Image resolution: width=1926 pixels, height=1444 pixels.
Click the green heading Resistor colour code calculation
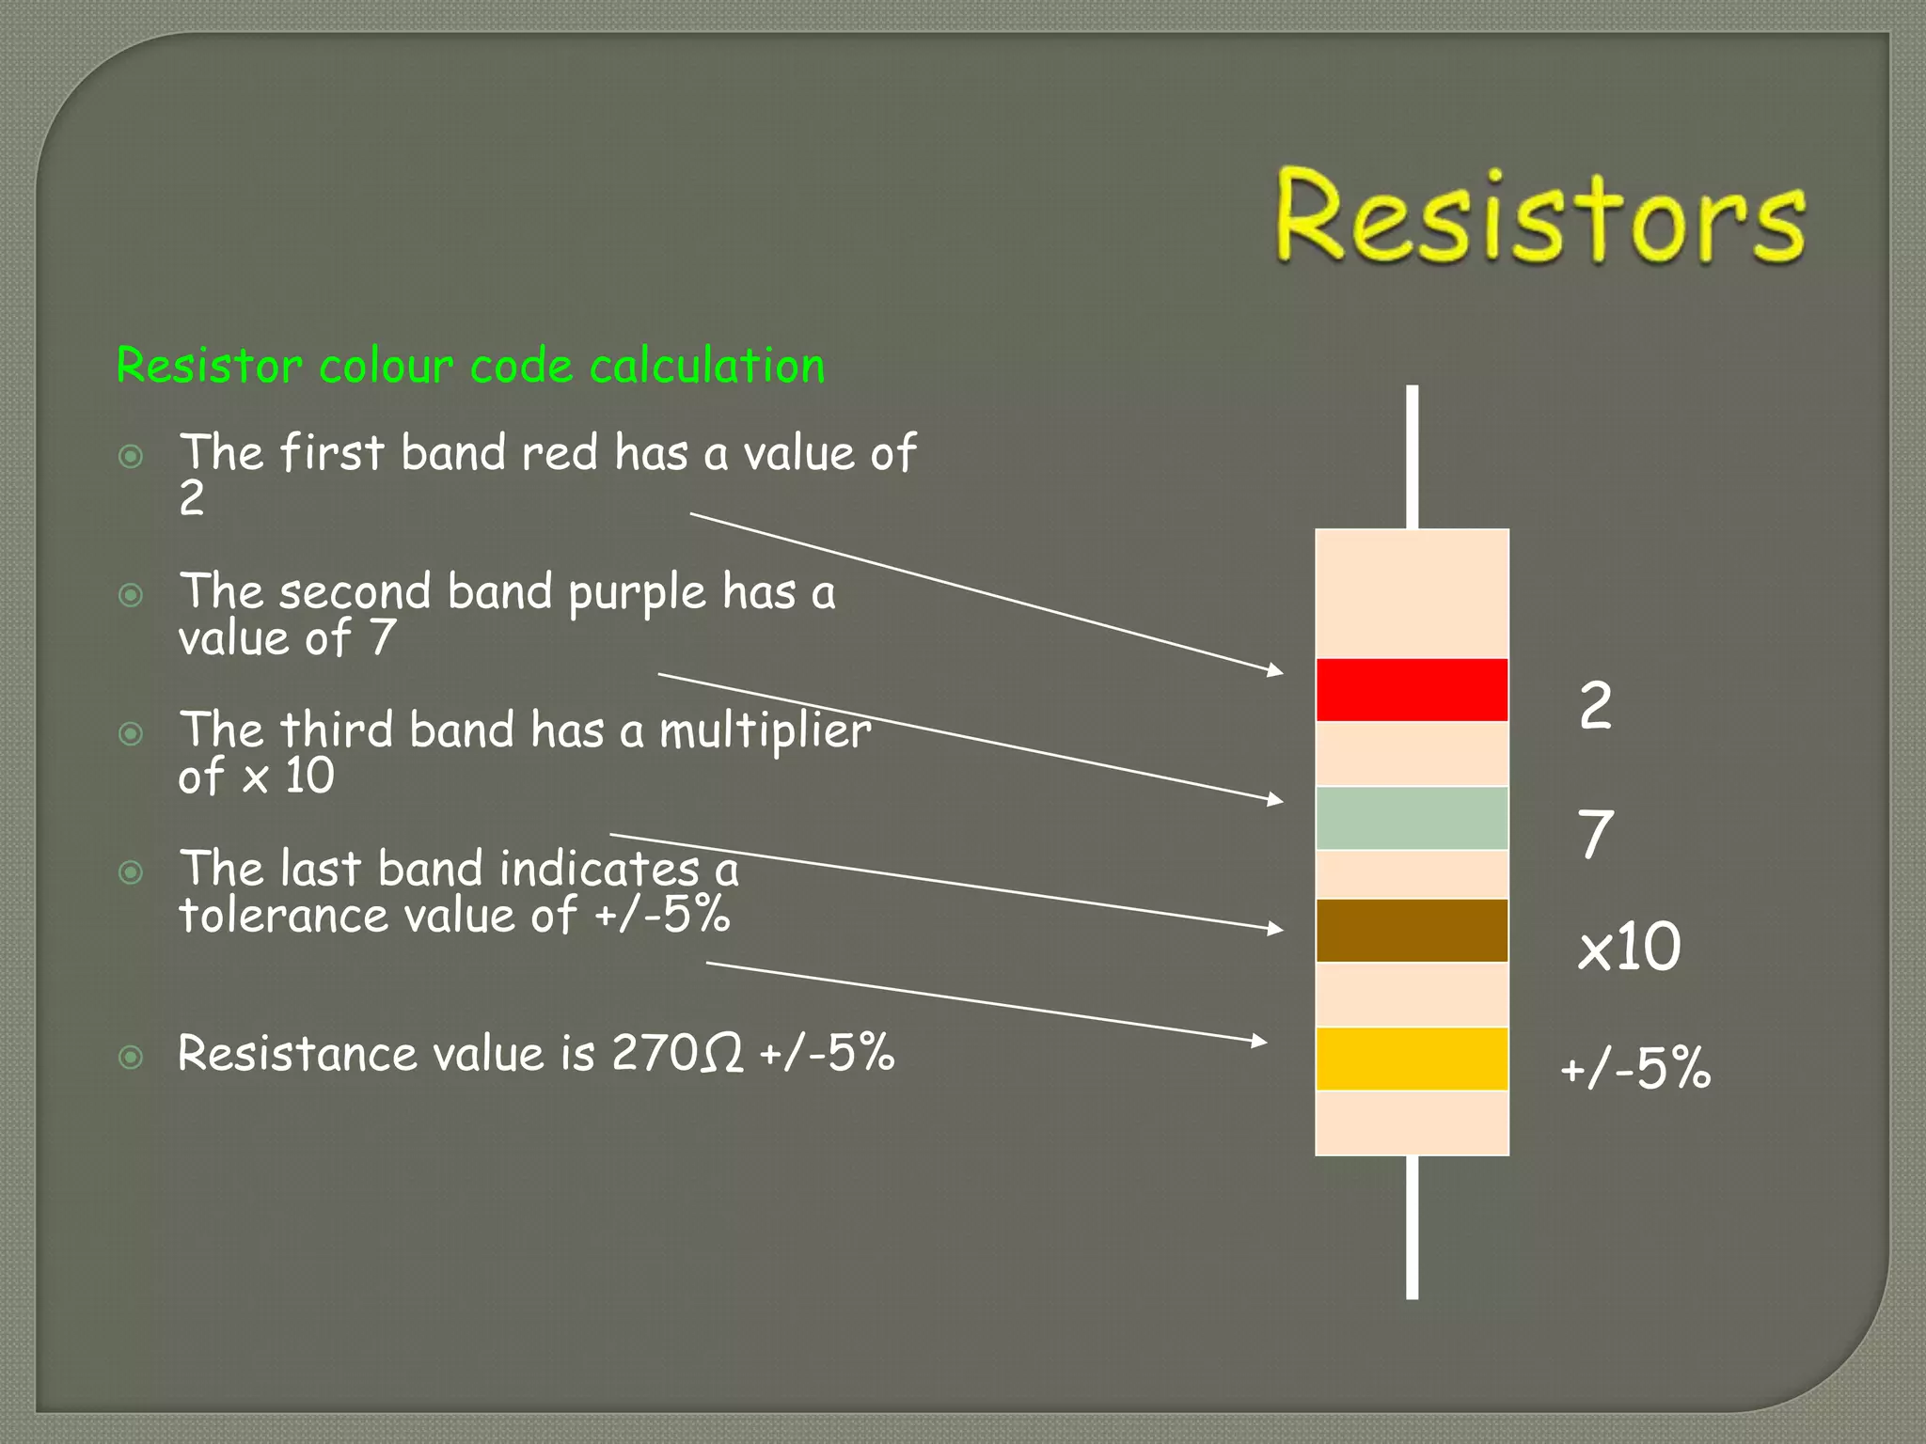click(x=470, y=366)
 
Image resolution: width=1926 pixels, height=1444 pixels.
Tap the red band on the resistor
click(x=1412, y=690)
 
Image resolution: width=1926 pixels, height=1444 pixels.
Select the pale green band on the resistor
click(x=1412, y=818)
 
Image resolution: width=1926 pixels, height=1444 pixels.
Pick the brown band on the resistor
click(x=1412, y=931)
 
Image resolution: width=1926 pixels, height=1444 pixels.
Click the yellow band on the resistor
click(x=1412, y=1059)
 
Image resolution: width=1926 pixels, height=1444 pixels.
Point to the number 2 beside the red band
click(x=1595, y=706)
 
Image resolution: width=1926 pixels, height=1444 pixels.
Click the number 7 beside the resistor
click(x=1595, y=835)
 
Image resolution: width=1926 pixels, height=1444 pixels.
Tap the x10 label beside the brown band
click(x=1629, y=947)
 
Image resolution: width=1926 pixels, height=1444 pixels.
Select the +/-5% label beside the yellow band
click(x=1635, y=1069)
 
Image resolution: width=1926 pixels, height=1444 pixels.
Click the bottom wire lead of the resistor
click(x=1412, y=1227)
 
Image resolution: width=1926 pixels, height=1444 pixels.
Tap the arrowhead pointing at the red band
click(x=1274, y=670)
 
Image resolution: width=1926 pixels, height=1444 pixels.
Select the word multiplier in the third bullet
click(x=765, y=731)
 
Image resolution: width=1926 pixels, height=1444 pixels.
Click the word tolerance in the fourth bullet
click(x=283, y=915)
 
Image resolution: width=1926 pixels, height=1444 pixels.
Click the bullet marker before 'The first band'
click(x=131, y=457)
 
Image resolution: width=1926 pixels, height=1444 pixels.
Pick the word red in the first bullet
click(x=559, y=453)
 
